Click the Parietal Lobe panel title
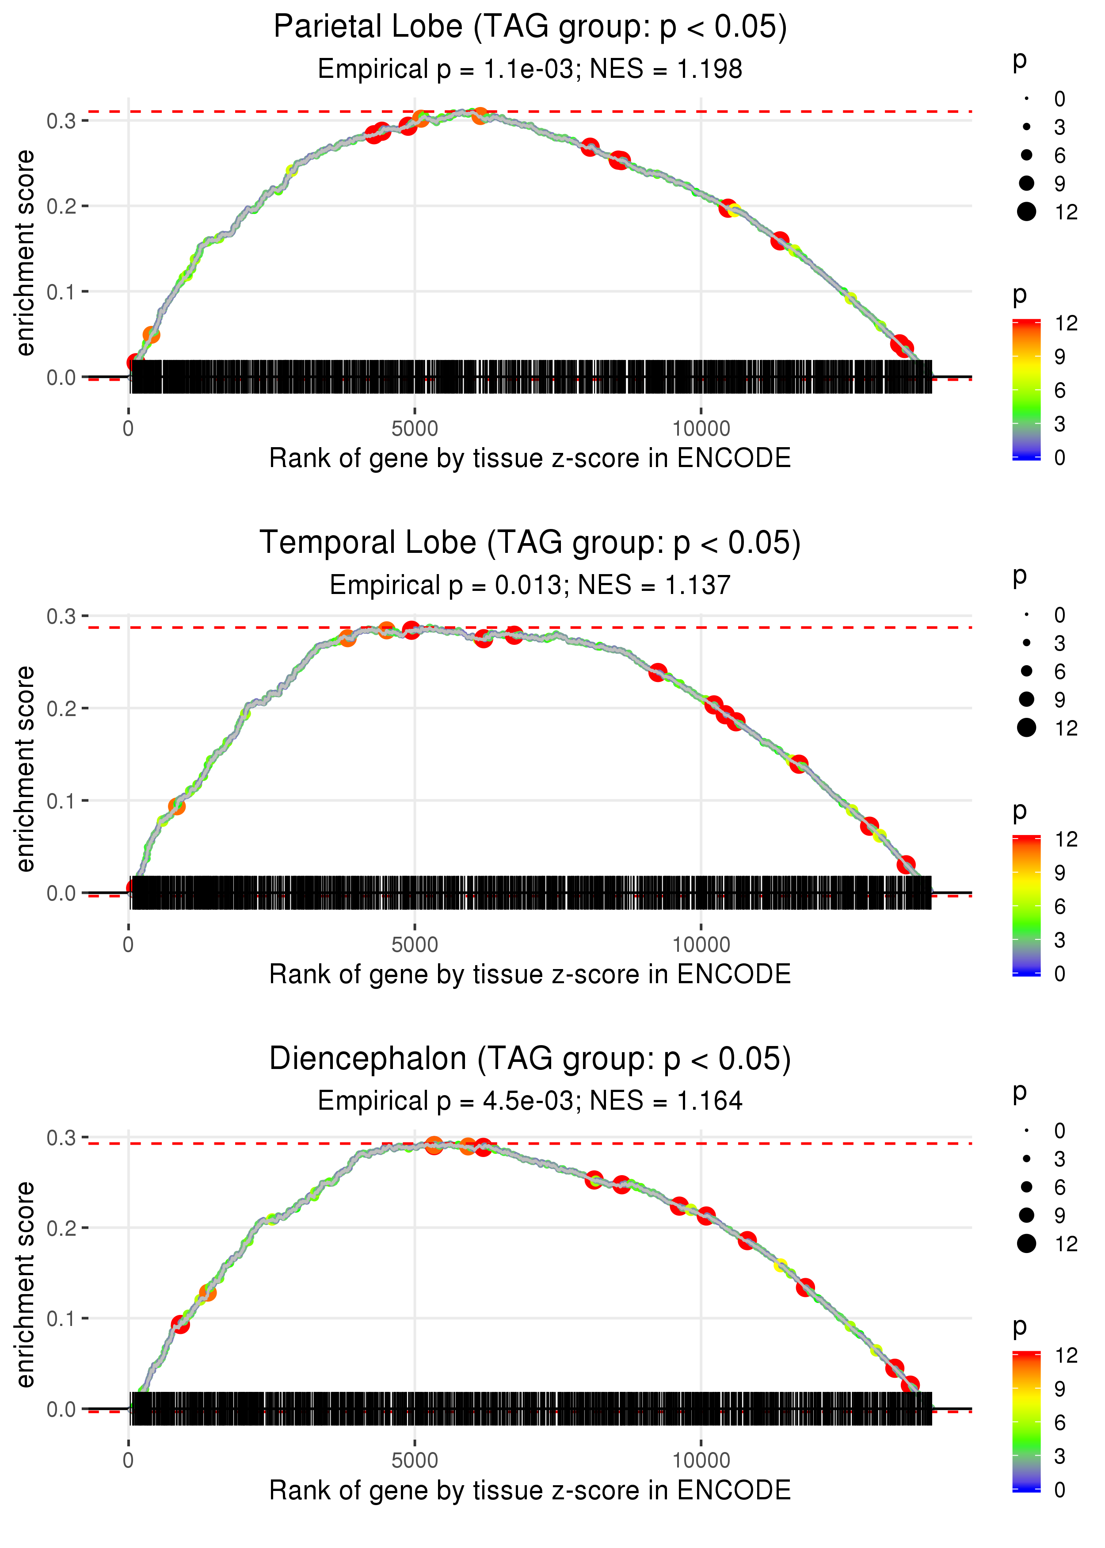(x=530, y=27)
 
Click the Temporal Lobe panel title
(x=530, y=543)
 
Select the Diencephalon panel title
(x=530, y=1059)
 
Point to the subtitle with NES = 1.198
(x=530, y=69)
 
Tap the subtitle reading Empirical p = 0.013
(x=530, y=586)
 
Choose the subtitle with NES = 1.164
(x=530, y=1101)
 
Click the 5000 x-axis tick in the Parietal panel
(x=415, y=429)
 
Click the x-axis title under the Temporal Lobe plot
(x=530, y=975)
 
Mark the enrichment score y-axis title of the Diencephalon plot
(x=25, y=1285)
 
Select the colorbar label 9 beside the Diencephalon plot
(x=1060, y=1389)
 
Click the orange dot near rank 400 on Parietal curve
(x=151, y=335)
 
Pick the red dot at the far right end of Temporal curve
(x=906, y=865)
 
